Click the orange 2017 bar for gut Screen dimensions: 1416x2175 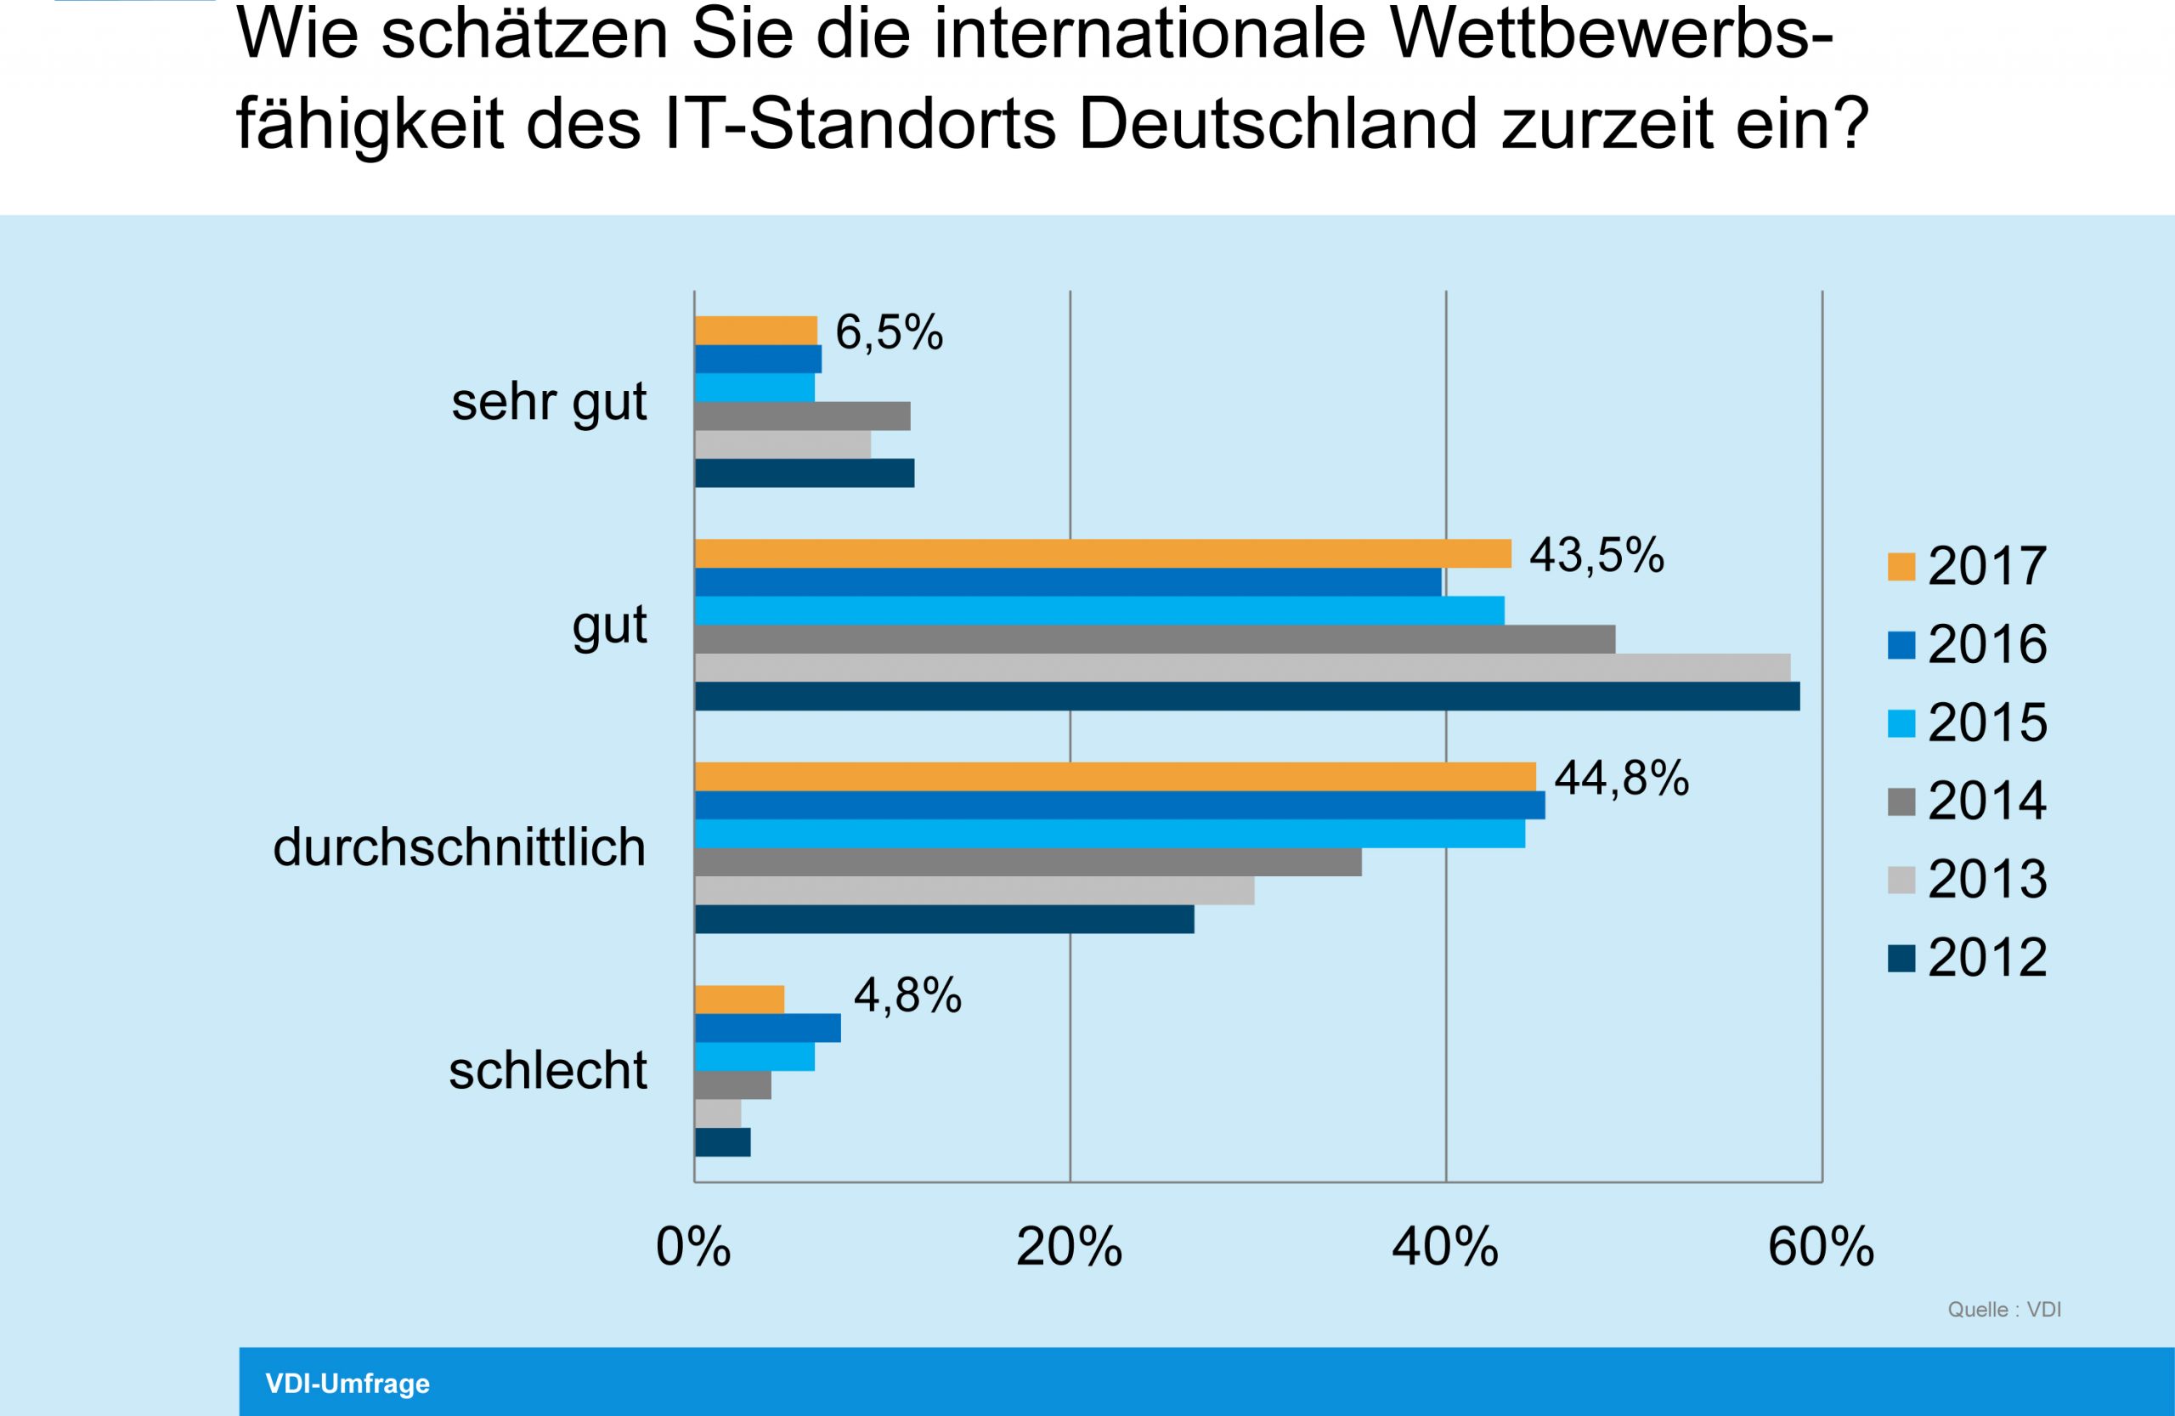coord(1102,554)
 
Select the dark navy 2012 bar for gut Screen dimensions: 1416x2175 coord(1246,695)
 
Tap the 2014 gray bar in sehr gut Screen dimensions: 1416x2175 coord(802,416)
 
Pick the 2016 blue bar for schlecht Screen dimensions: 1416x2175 coord(768,1028)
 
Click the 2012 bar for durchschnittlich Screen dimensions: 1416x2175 coord(944,920)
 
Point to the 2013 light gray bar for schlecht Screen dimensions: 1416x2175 coord(717,1113)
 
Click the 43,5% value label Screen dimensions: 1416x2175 coord(1596,556)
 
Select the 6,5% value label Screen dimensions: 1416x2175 coord(889,332)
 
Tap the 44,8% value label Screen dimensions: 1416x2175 coord(1621,779)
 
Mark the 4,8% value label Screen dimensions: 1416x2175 coord(907,995)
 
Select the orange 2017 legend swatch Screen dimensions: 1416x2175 coord(1901,566)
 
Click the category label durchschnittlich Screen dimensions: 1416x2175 coord(459,847)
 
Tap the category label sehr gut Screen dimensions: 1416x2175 coord(548,401)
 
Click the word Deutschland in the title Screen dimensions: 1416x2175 coord(1278,122)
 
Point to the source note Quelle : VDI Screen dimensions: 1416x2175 coord(2003,1309)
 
